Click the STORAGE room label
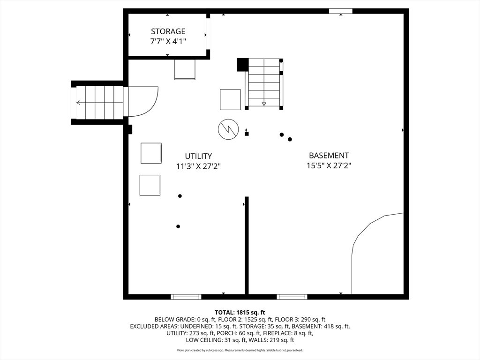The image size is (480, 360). pos(168,31)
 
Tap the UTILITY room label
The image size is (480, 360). pos(198,156)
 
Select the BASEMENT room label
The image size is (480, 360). pos(329,155)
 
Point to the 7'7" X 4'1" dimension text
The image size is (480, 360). pos(168,41)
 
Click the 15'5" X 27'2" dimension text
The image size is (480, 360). pos(329,165)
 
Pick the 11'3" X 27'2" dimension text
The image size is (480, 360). pos(198,166)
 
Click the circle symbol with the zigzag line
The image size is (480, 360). pos(228,129)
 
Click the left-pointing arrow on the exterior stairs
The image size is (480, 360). pos(78,103)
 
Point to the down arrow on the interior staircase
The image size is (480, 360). pos(264,104)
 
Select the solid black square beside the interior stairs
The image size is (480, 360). pos(243,65)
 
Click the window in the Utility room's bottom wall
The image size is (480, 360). pos(186,297)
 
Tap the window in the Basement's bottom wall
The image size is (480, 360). pos(292,297)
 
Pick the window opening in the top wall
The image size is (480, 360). pos(341,11)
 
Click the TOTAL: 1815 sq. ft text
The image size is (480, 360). pos(240,313)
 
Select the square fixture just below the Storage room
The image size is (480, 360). pos(185,69)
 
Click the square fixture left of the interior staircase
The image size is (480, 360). pos(230,99)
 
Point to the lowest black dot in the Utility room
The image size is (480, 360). pos(178,226)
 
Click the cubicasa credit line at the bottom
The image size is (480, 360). pos(240,350)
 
